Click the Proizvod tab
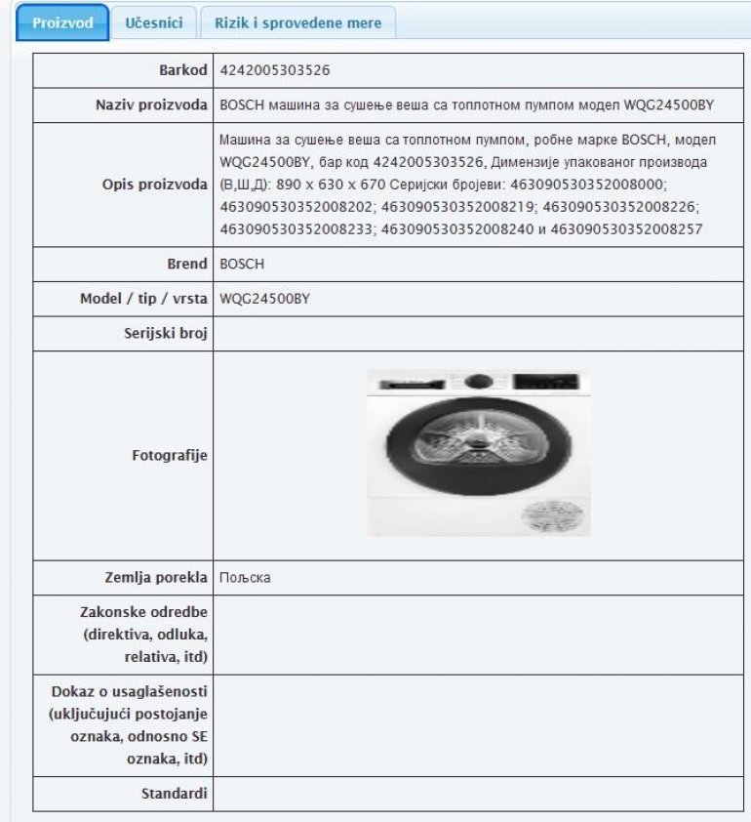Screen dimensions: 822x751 coord(62,22)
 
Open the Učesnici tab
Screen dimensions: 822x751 coord(152,22)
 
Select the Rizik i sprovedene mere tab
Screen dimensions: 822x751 coord(297,22)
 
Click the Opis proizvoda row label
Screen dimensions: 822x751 coord(155,185)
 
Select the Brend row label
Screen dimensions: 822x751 coord(187,264)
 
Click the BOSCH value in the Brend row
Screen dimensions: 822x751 coord(242,264)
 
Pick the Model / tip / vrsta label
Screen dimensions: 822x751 coord(143,299)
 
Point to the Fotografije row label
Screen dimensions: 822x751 coord(170,455)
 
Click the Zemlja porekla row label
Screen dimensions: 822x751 coord(157,578)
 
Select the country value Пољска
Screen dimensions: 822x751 coord(245,578)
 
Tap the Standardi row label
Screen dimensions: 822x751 coord(175,794)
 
